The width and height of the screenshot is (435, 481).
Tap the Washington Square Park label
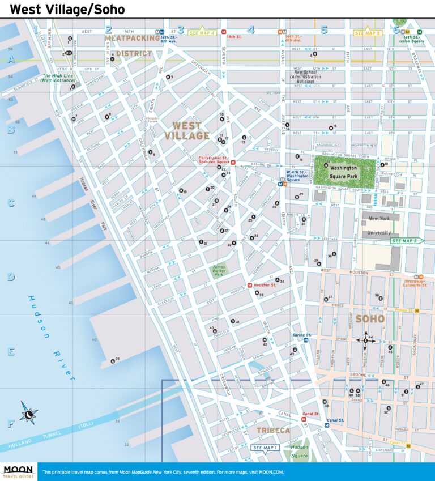343,172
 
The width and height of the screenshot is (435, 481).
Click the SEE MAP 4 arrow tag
203,33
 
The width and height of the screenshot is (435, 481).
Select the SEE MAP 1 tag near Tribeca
266,448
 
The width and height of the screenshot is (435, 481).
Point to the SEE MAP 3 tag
406,241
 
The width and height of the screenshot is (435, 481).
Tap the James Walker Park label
218,270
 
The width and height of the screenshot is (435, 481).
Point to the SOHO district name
370,319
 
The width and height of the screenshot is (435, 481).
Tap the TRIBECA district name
273,431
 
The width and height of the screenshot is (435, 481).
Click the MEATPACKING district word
133,39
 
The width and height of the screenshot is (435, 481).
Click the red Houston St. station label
265,285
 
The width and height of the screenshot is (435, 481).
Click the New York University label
379,225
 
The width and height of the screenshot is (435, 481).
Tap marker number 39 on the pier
116,359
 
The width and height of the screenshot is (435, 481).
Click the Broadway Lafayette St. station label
416,283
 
